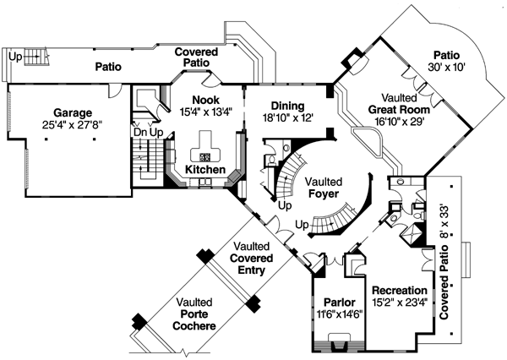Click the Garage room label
click(x=73, y=112)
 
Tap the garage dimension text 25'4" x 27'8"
click(x=73, y=125)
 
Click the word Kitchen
click(x=205, y=170)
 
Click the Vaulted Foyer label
click(x=324, y=188)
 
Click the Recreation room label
click(x=399, y=291)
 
